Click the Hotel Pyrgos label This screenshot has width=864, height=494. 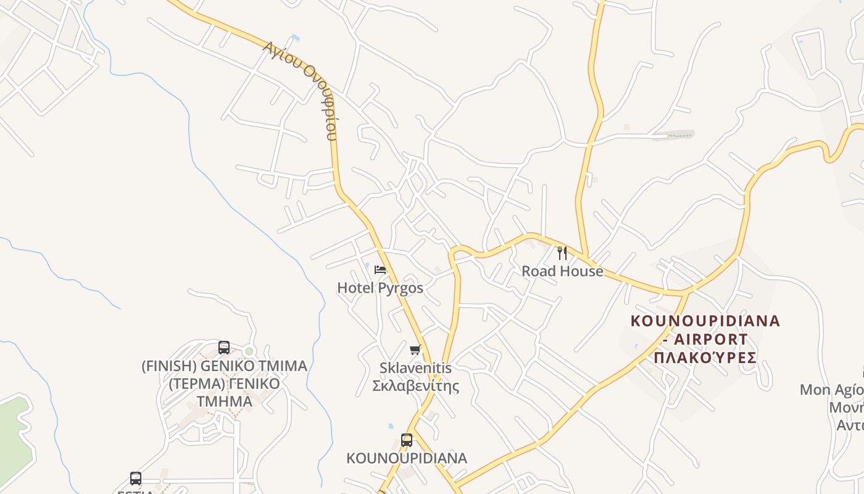pyautogui.click(x=380, y=288)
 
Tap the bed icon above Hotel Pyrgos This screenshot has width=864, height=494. pyautogui.click(x=380, y=270)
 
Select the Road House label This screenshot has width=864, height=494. pyautogui.click(x=562, y=271)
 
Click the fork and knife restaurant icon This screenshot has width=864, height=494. pyautogui.click(x=562, y=253)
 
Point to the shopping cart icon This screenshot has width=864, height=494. pyautogui.click(x=415, y=350)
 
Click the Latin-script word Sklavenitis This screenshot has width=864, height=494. pyautogui.click(x=415, y=368)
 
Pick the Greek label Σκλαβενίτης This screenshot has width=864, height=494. pyautogui.click(x=415, y=386)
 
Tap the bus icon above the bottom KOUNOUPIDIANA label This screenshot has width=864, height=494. pyautogui.click(x=407, y=440)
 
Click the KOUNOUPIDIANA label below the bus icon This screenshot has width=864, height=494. pyautogui.click(x=407, y=458)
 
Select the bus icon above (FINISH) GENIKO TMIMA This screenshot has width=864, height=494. pyautogui.click(x=224, y=348)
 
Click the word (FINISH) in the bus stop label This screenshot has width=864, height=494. pyautogui.click(x=161, y=366)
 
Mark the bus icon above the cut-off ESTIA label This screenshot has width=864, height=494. pyautogui.click(x=136, y=479)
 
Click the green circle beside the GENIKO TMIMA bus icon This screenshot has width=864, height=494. pyautogui.click(x=249, y=351)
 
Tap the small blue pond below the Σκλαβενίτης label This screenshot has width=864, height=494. pyautogui.click(x=391, y=426)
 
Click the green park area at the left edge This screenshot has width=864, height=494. pyautogui.click(x=14, y=432)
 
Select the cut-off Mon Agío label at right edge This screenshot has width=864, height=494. pyautogui.click(x=832, y=390)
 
